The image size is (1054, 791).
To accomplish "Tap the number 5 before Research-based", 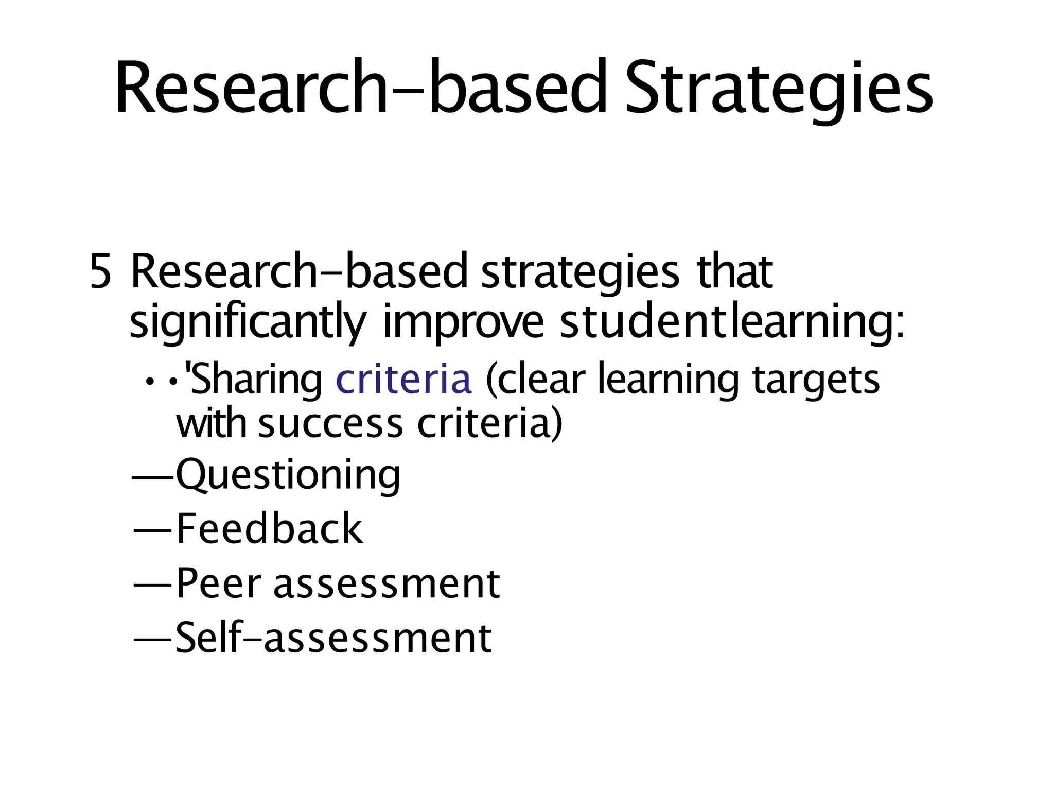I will click(100, 272).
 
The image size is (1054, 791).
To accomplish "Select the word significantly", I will click(248, 323).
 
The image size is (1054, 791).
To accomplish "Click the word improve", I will click(463, 323).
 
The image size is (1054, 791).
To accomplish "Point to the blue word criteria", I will click(403, 380).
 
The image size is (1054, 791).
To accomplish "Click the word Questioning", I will click(288, 475).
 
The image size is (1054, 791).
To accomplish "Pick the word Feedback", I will click(270, 529).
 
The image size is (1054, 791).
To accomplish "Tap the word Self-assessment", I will click(333, 638).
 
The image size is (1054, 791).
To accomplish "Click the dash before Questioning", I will click(153, 477).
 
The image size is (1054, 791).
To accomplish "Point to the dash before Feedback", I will click(153, 530).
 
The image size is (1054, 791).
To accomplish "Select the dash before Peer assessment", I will click(153, 585).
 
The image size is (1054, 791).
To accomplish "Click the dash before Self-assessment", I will click(153, 639).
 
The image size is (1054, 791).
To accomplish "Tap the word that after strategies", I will click(734, 272).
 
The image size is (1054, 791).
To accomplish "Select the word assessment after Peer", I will click(387, 584).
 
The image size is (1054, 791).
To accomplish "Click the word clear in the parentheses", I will click(541, 380).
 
